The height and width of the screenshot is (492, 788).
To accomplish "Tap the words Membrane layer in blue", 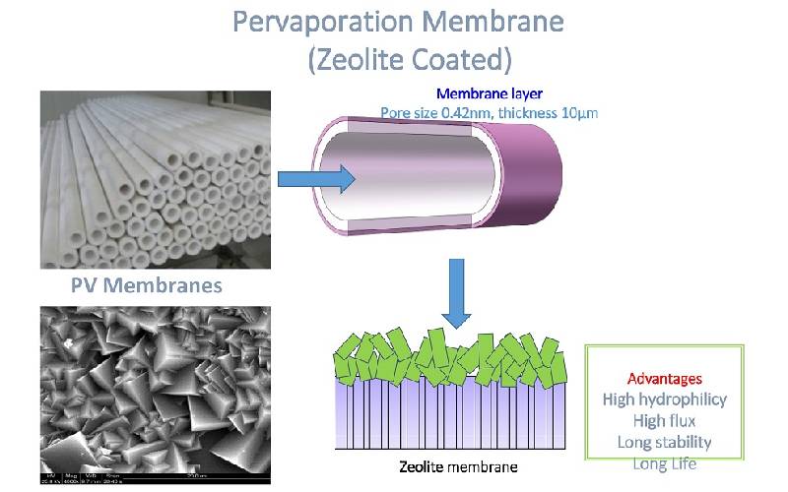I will (490, 94).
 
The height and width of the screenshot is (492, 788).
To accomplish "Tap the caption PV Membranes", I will (146, 286).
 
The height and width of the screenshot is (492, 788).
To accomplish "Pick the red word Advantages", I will (665, 378).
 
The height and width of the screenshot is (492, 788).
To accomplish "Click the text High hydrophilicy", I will (665, 400).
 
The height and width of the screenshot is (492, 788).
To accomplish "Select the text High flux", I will (665, 421).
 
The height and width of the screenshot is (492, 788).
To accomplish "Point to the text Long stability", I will (665, 442).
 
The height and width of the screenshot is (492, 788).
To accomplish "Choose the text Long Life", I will (665, 462).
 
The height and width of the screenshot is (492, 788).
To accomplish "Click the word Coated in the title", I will (456, 59).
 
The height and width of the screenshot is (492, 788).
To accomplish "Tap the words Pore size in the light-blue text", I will (411, 113).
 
